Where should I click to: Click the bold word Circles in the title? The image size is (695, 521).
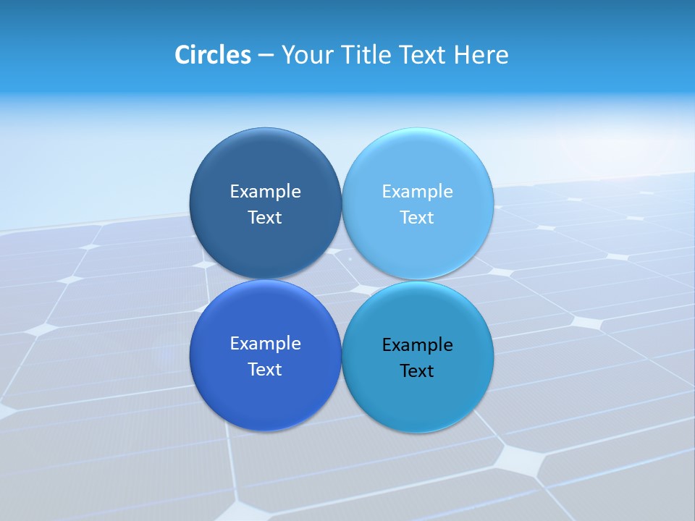point(213,55)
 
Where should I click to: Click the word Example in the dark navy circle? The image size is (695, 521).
point(265,192)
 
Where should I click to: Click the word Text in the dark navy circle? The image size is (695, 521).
point(265,218)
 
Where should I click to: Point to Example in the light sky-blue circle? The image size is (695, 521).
point(417,192)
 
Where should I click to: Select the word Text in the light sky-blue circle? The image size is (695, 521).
point(417,218)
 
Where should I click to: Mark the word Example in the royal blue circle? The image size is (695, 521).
point(265,344)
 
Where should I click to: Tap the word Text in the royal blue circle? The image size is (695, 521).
point(265,370)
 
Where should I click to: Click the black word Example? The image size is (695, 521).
point(417,345)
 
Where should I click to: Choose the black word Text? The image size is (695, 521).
point(417,371)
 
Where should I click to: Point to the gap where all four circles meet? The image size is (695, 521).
point(342,279)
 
